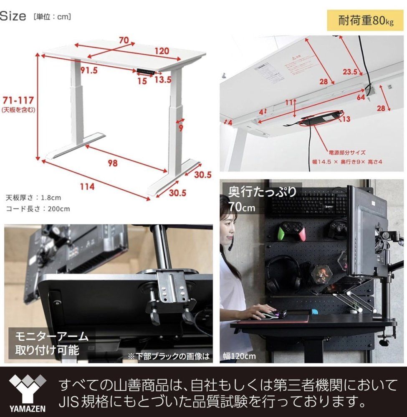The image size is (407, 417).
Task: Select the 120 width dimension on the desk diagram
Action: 160,51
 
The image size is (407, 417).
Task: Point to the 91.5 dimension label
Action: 89,70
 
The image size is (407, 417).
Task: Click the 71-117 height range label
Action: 18,100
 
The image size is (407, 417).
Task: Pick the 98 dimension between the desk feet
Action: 112,163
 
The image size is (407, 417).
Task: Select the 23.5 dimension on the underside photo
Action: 350,72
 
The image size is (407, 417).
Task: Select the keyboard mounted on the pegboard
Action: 309,202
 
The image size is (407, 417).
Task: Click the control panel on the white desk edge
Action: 146,72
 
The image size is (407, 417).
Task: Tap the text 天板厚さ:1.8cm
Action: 33,197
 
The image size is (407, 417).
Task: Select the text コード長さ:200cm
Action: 38,208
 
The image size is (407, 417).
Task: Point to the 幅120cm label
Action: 239,356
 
